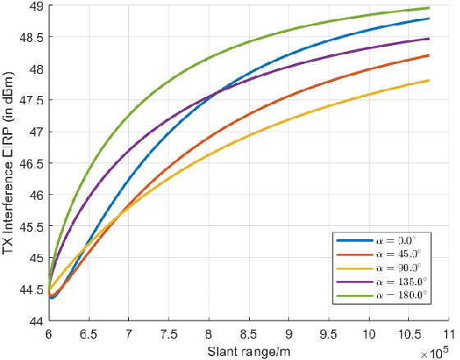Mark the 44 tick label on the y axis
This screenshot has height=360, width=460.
pyautogui.click(x=37, y=321)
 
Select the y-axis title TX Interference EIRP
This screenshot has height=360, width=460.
pyautogui.click(x=11, y=164)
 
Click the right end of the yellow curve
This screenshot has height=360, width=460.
pyautogui.click(x=429, y=81)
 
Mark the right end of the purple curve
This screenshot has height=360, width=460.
pyautogui.click(x=429, y=39)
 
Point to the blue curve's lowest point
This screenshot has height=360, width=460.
pyautogui.click(x=52, y=298)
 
